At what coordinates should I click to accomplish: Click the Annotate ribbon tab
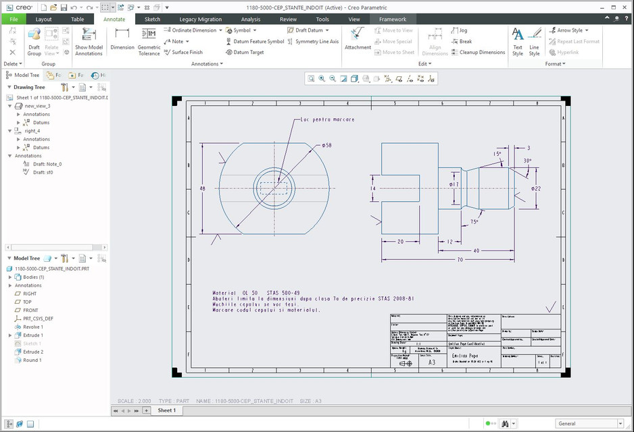[114, 20]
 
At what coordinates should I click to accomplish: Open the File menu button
[14, 20]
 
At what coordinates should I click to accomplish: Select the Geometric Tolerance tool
[149, 42]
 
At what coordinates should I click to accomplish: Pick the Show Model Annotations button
[89, 42]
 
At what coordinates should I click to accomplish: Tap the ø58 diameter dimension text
[326, 145]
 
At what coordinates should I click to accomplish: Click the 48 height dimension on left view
[202, 189]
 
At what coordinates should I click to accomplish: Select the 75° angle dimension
[474, 221]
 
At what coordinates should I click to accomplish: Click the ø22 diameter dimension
[535, 188]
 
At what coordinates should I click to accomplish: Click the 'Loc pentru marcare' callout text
[327, 119]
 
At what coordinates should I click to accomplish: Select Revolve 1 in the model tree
[33, 327]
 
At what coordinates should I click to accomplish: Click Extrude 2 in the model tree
[33, 352]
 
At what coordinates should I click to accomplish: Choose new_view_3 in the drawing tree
[37, 106]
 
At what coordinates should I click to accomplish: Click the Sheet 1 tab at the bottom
[166, 410]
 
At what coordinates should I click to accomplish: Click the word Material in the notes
[224, 293]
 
